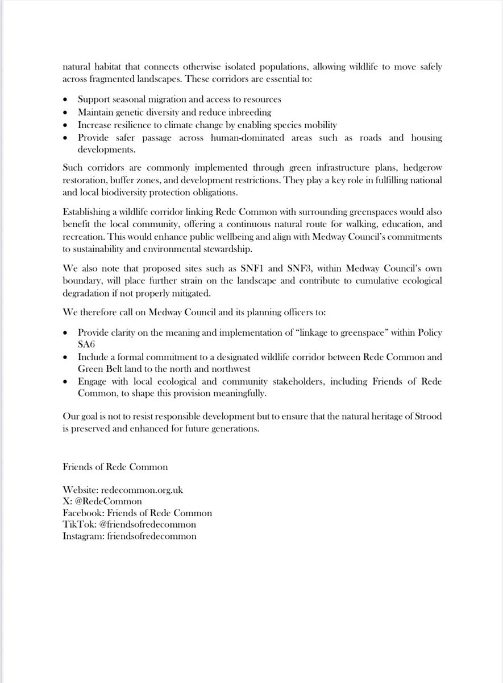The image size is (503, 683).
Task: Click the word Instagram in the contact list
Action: [x=82, y=536]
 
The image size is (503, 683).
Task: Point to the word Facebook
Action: [x=84, y=513]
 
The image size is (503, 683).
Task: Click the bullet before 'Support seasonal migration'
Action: [x=66, y=100]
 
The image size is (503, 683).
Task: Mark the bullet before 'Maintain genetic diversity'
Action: [x=66, y=113]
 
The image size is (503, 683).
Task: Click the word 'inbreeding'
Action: [x=251, y=112]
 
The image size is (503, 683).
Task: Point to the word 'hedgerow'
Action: [x=420, y=169]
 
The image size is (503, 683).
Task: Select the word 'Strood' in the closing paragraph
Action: [x=430, y=417]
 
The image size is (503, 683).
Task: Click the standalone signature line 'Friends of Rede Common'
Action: [x=115, y=467]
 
